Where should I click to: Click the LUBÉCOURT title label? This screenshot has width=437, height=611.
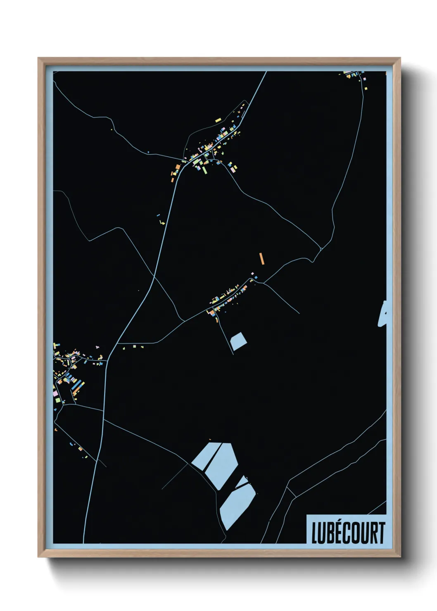coord(348,533)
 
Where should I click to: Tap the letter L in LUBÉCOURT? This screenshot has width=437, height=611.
coord(314,533)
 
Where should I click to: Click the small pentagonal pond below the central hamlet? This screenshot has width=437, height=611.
coord(238,341)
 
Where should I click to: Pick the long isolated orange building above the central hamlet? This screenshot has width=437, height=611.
coord(261,258)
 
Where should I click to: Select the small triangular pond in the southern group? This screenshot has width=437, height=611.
coord(242,481)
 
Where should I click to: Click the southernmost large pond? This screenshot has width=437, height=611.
coord(237,506)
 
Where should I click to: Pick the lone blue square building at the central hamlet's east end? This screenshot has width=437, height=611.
coord(256,277)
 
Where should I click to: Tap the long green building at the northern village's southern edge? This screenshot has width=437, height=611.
coord(204,168)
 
